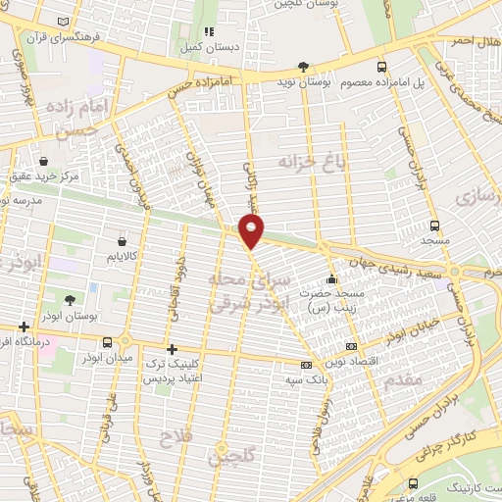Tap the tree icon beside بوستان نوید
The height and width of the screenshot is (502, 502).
[303, 67]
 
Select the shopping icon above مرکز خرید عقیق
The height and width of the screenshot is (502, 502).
[44, 160]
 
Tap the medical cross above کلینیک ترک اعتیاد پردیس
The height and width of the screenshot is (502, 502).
[172, 348]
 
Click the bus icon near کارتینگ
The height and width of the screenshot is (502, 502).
[414, 483]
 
